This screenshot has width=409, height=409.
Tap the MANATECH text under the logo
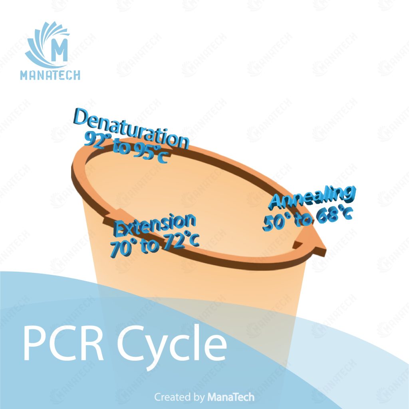pos(50,75)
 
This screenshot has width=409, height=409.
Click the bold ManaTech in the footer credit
pos(230,397)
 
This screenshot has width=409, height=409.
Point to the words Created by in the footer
pos(179,397)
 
